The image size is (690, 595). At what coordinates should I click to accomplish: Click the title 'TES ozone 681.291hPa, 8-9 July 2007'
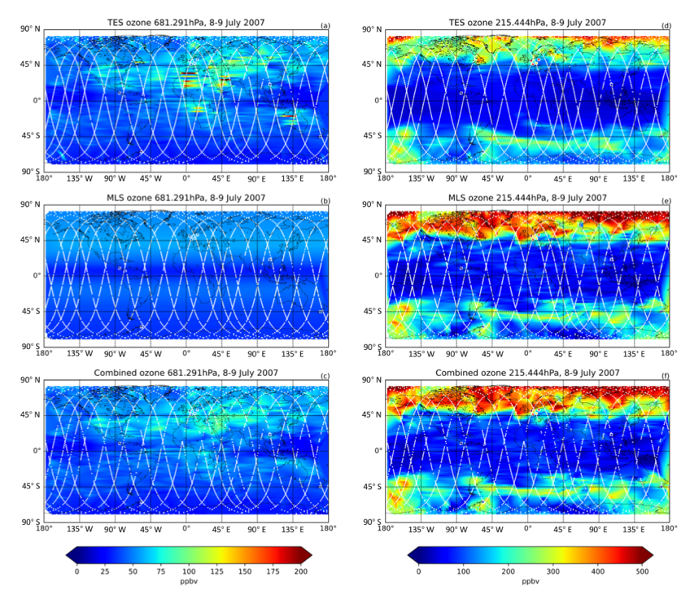(x=186, y=23)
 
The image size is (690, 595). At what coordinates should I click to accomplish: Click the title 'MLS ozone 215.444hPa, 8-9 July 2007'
(x=527, y=198)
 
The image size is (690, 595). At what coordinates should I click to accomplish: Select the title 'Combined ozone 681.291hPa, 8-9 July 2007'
(x=186, y=372)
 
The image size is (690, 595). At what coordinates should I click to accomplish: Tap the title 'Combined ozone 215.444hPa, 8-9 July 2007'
(x=527, y=372)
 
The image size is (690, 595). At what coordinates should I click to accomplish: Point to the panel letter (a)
(x=325, y=25)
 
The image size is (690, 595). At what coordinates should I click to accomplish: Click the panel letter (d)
(x=666, y=25)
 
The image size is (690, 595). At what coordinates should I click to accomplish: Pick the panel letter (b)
(x=325, y=200)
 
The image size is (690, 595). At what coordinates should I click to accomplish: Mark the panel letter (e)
(x=666, y=200)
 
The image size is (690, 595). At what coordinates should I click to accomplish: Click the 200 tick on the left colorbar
(x=301, y=571)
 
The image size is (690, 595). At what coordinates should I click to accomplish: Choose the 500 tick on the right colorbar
(x=642, y=571)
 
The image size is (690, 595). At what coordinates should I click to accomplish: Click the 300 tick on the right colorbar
(x=531, y=571)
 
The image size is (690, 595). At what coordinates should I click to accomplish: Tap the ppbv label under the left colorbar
(x=189, y=583)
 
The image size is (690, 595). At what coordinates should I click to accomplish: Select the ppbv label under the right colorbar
(x=530, y=583)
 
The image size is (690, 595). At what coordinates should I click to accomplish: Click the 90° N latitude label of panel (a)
(x=30, y=30)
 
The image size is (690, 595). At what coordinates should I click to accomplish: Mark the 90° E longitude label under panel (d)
(x=598, y=178)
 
